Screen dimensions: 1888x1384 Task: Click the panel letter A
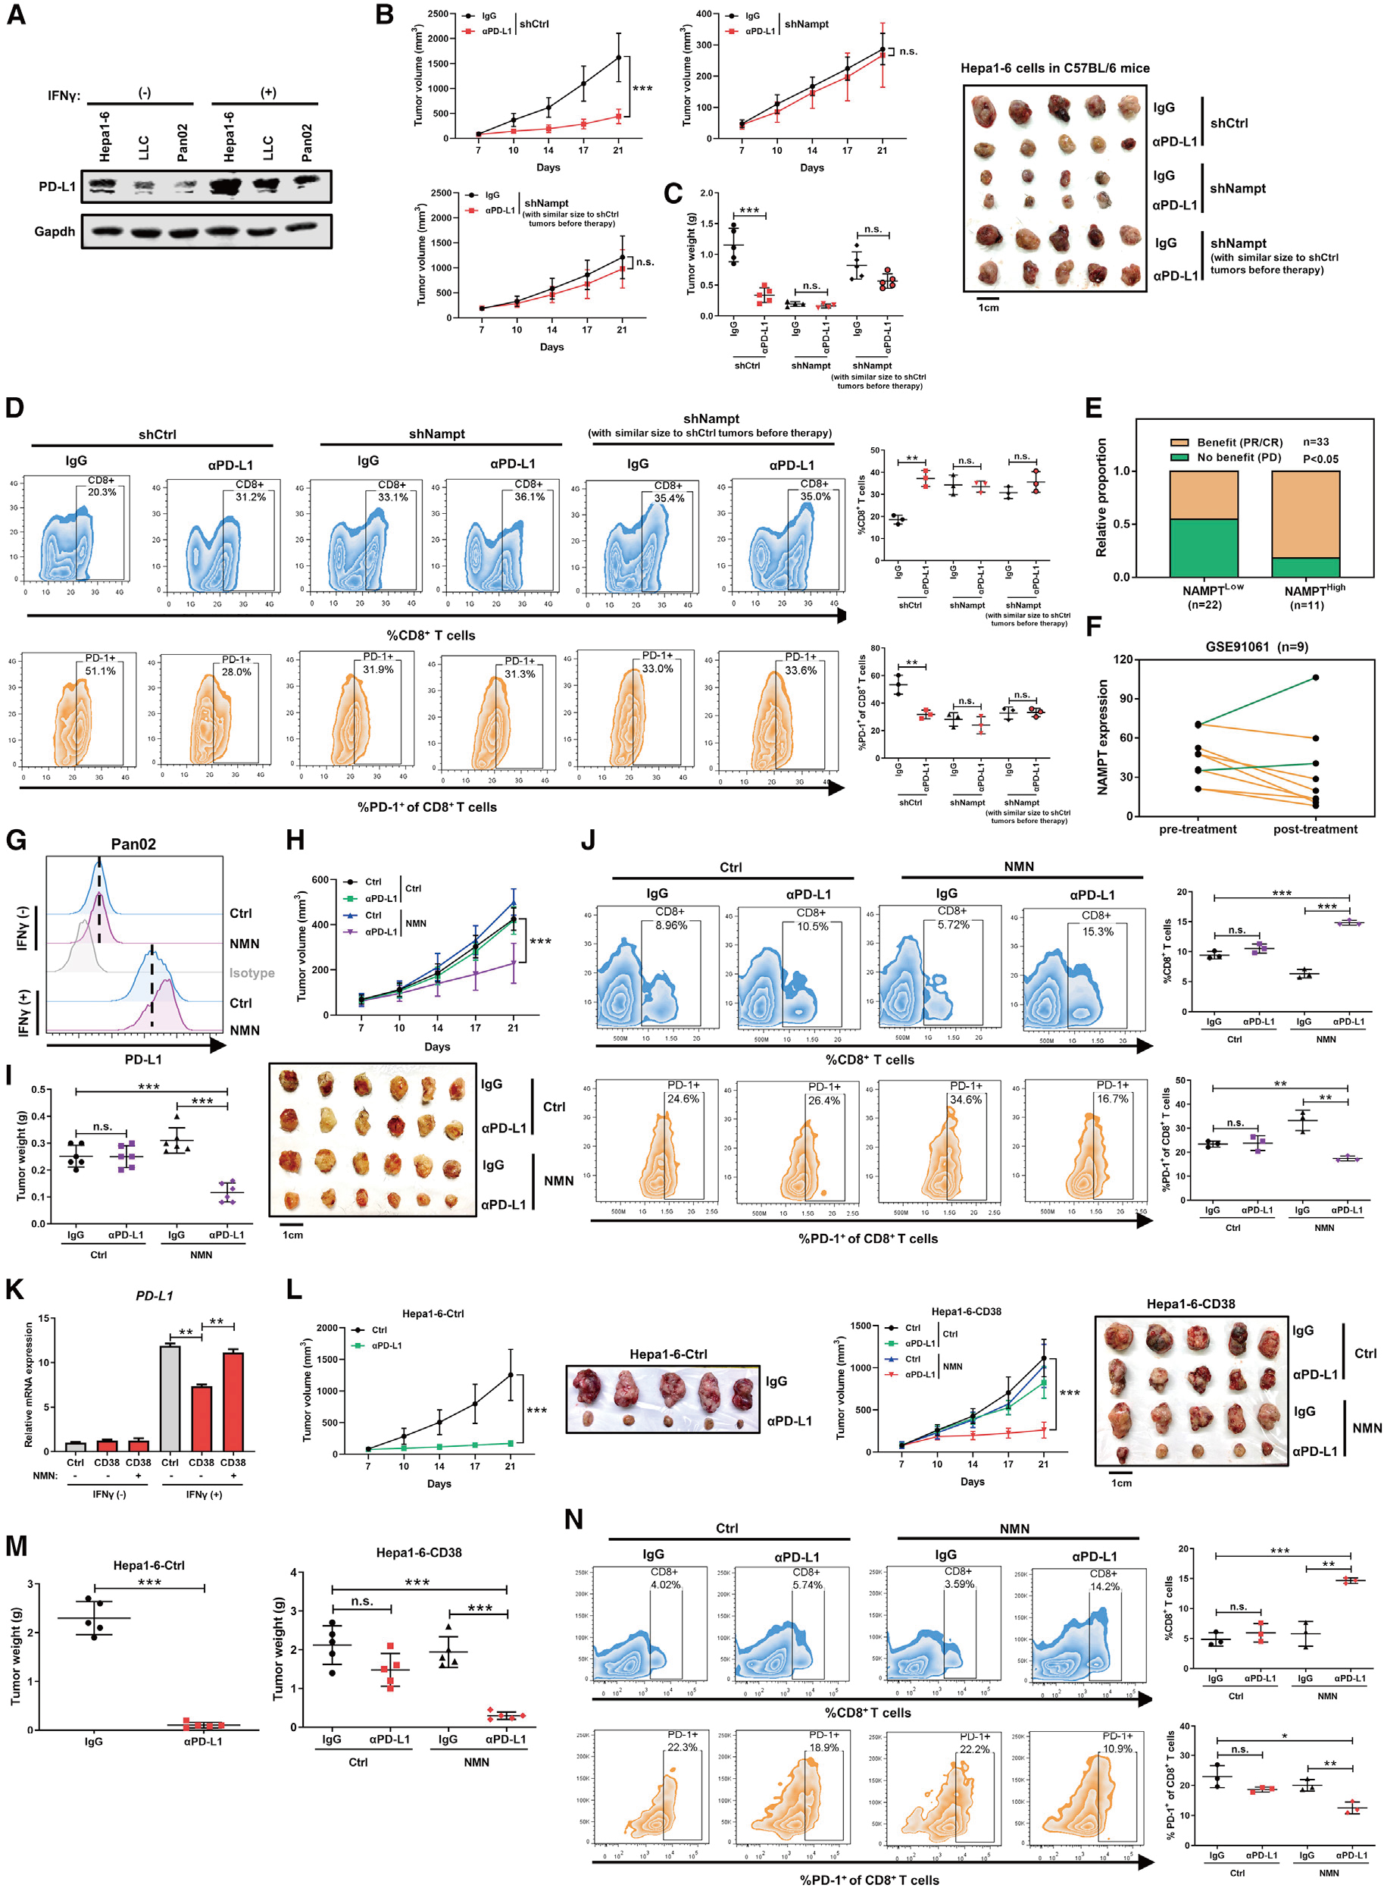(16, 14)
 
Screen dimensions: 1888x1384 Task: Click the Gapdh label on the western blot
(55, 231)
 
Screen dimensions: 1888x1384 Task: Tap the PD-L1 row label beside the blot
(57, 186)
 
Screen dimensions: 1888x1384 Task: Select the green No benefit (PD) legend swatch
(1179, 458)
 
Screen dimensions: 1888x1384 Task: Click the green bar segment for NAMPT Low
(1203, 547)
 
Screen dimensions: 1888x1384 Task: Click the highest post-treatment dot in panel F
(1315, 677)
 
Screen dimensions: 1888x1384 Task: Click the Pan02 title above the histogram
(133, 844)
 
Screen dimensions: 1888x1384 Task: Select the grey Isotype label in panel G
(251, 973)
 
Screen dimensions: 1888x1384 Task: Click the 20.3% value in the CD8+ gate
(102, 492)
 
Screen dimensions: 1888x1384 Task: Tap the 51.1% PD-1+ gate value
(101, 671)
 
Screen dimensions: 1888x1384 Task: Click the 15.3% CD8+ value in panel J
(1098, 931)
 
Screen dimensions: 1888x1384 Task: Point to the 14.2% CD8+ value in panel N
(1104, 1586)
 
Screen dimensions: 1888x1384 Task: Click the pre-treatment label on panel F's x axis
(1197, 828)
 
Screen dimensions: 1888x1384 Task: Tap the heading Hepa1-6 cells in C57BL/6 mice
(1054, 69)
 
